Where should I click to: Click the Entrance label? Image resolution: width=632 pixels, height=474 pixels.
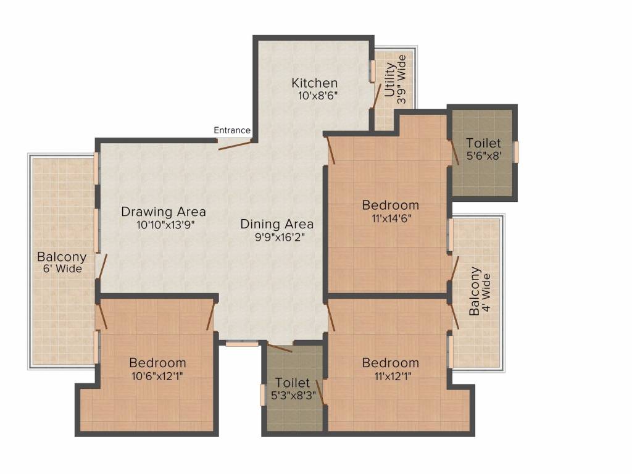pos(232,130)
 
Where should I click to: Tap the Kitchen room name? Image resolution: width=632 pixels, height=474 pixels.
pos(315,83)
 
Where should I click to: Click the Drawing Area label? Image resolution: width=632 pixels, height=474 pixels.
pos(164,212)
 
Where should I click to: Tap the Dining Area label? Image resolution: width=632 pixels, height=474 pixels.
pos(277,224)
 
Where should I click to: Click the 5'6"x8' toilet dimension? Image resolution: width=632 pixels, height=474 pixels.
pos(484,156)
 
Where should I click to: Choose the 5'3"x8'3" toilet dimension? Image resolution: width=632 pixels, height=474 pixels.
pos(293,396)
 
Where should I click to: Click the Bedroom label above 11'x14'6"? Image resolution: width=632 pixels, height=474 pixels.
pos(390,205)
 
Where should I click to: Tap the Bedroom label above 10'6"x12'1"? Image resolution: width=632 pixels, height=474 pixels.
pos(157,362)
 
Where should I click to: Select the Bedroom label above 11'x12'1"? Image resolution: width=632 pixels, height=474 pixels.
pos(390,362)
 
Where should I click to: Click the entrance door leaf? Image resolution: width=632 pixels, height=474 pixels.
pos(235,145)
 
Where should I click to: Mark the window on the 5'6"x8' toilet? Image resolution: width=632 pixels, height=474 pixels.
pos(517,152)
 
